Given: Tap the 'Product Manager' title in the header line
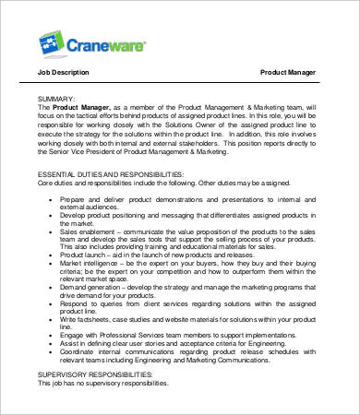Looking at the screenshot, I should click(x=289, y=72).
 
